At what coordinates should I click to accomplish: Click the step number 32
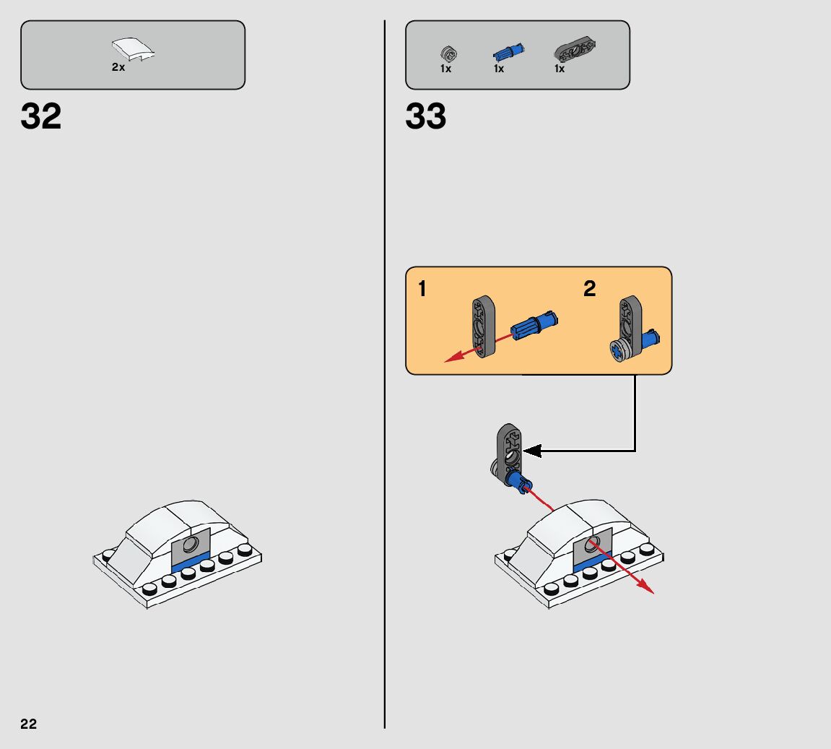(41, 117)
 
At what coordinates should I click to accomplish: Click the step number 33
(426, 117)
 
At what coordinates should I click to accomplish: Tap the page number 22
(29, 724)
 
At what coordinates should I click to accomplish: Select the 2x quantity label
(118, 67)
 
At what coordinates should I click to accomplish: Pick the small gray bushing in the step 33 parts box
(447, 53)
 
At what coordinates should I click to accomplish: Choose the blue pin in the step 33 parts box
(508, 52)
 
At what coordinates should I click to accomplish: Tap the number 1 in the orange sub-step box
(422, 290)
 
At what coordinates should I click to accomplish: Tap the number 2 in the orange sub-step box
(590, 289)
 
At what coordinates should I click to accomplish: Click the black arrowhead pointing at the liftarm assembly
(533, 451)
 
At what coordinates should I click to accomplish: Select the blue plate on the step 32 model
(189, 565)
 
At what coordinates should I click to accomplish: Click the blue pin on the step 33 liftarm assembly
(517, 482)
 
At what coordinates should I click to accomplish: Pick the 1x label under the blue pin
(499, 69)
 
